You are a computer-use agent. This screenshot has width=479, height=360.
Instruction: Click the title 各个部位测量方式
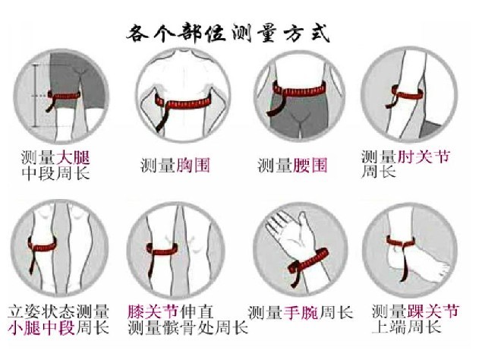coord(228,33)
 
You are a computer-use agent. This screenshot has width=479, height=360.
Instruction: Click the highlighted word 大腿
coord(73,158)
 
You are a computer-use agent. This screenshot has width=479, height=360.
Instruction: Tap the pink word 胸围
coord(193,166)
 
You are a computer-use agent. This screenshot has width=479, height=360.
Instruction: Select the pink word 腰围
coord(310,166)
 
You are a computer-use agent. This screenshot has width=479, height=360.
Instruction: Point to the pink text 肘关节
coord(424,157)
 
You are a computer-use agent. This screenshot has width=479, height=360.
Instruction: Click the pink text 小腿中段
coord(42,328)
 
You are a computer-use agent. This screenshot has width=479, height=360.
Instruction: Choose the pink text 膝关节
coord(153,311)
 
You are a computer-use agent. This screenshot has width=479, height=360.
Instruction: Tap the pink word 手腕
coord(301,313)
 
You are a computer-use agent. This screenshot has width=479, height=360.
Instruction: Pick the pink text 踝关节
coord(433,311)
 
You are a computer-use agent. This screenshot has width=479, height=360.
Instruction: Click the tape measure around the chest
coord(183,104)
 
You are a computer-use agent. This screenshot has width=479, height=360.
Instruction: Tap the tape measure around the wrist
coord(308,263)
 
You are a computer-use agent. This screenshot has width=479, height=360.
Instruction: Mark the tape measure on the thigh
coord(64,96)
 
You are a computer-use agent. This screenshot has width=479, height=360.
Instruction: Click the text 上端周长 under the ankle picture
coord(407,327)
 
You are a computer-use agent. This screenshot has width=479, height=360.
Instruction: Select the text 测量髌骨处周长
coord(188,328)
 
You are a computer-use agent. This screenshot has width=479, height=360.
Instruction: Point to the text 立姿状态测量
coord(58,311)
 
